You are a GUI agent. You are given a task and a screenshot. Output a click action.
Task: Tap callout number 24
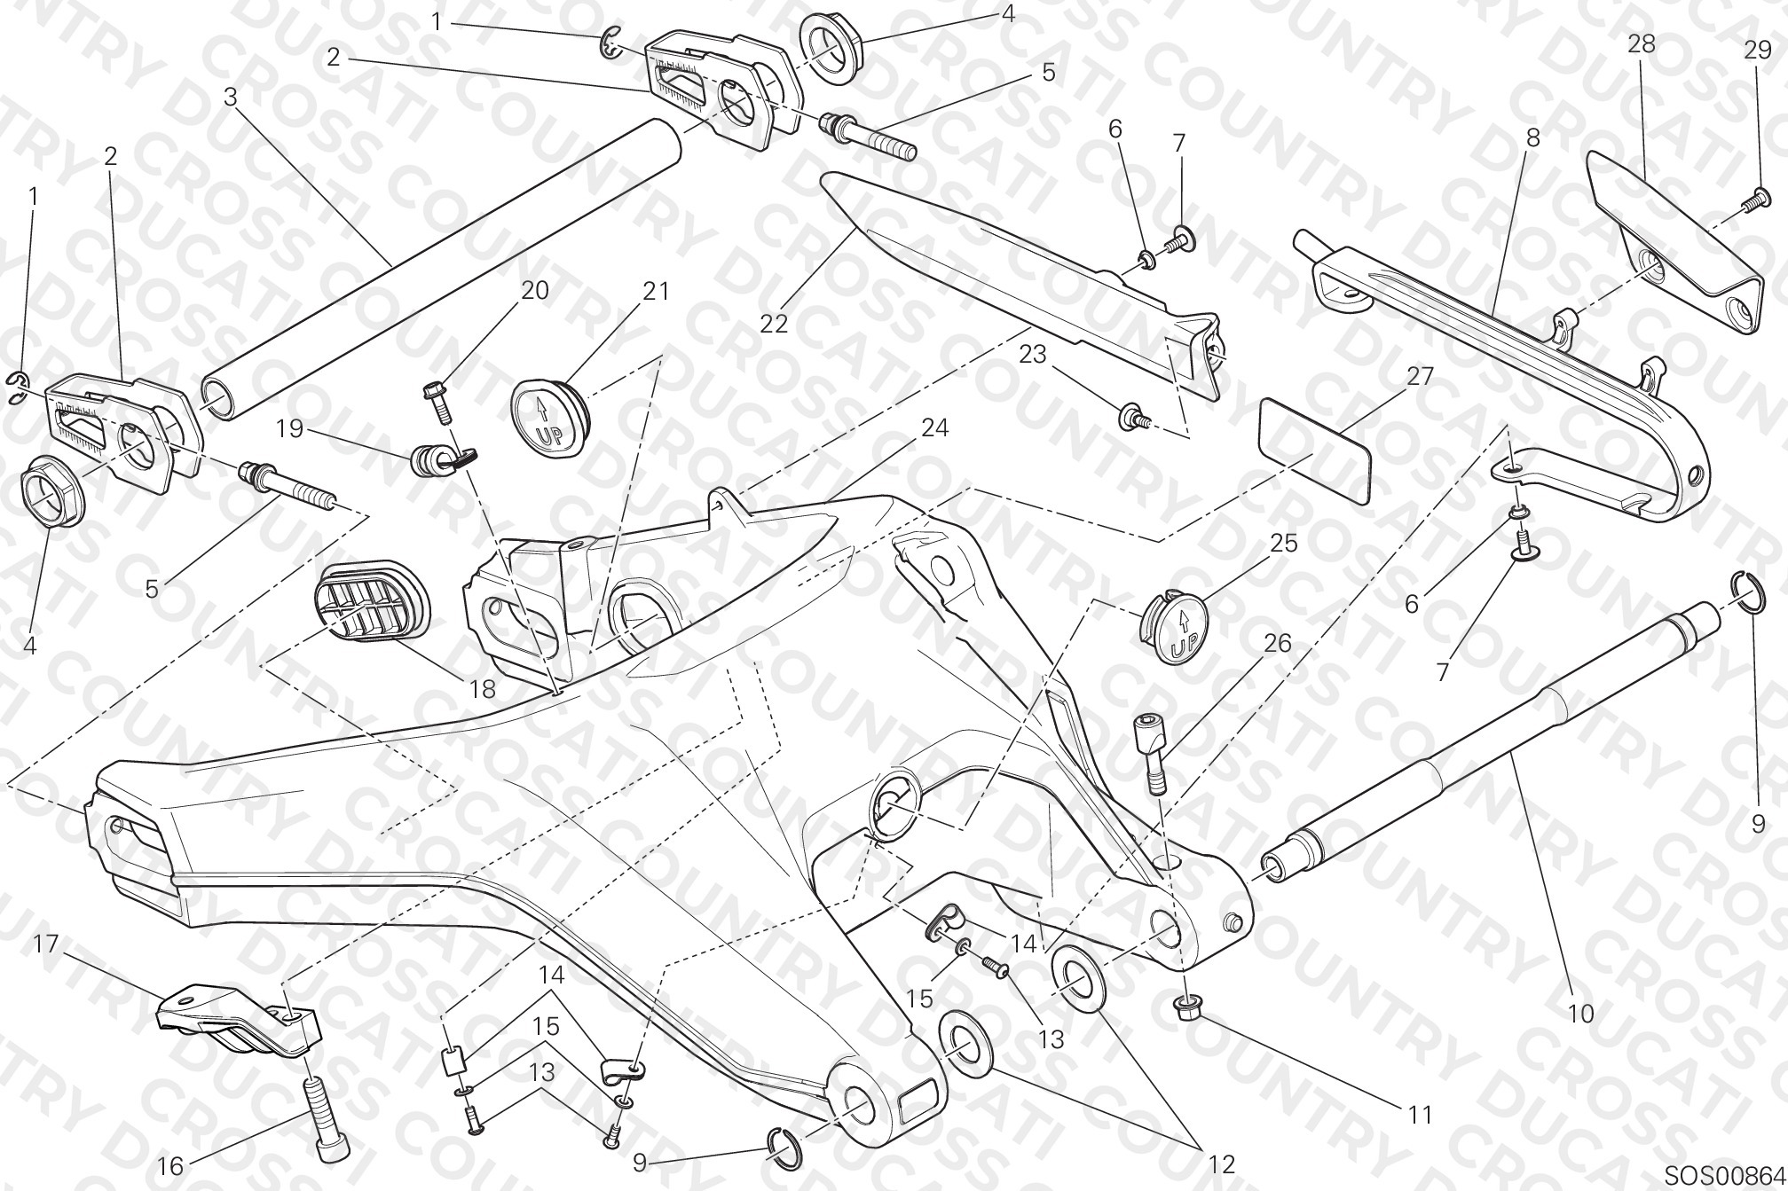pyautogui.click(x=934, y=428)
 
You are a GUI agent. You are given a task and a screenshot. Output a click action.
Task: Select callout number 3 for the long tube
pyautogui.click(x=231, y=97)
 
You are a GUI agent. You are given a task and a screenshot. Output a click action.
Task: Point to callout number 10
pyautogui.click(x=1580, y=1013)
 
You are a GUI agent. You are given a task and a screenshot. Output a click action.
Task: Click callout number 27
pyautogui.click(x=1420, y=376)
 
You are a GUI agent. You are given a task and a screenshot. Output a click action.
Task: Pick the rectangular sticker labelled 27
pyautogui.click(x=1315, y=452)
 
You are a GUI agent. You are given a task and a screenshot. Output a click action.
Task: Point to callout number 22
pyautogui.click(x=773, y=324)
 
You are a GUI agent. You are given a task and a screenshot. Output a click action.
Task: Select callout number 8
pyautogui.click(x=1532, y=138)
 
